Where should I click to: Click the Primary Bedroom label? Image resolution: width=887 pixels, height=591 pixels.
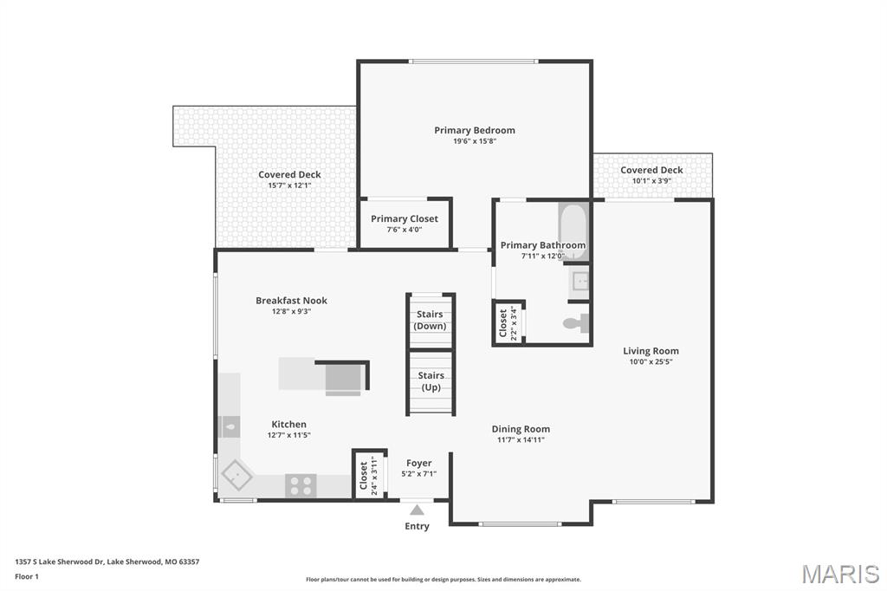tap(474, 130)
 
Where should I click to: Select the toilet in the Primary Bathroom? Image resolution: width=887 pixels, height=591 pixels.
tap(575, 323)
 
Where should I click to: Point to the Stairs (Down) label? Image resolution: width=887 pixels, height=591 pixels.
tap(430, 320)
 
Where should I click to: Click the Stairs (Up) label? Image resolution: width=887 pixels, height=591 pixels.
tap(431, 381)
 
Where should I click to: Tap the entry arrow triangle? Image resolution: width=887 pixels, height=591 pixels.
tap(417, 510)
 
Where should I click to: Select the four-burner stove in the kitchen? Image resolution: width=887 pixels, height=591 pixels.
tap(301, 486)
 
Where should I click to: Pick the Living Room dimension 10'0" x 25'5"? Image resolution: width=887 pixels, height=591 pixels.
tap(651, 361)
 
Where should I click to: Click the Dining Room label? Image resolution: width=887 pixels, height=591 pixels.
tap(521, 429)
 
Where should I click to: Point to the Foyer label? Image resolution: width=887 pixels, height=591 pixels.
tap(418, 463)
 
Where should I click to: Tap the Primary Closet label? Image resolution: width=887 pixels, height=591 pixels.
tap(405, 218)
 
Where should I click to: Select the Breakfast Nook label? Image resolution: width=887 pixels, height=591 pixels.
tap(291, 301)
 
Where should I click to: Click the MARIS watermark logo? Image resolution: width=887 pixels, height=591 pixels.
tap(839, 574)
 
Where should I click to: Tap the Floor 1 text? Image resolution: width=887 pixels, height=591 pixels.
tap(28, 575)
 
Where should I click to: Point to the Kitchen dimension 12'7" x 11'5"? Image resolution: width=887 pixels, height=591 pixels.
tap(288, 435)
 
